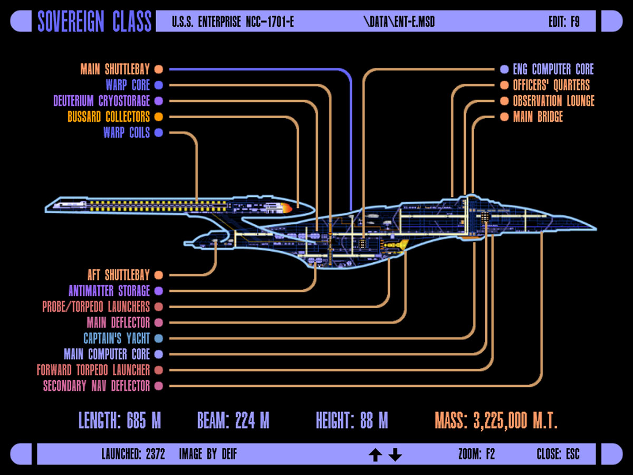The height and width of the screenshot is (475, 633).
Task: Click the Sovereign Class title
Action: (94, 22)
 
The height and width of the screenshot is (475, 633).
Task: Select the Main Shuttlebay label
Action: (115, 69)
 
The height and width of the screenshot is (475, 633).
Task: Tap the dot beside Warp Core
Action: (158, 85)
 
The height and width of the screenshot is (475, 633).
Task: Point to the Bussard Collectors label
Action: (109, 117)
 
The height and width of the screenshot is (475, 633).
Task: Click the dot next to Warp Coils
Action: (158, 132)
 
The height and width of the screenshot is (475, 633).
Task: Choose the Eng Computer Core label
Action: (553, 69)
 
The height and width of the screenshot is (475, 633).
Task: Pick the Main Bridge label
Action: (538, 117)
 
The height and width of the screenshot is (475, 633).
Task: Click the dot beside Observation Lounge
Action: (504, 101)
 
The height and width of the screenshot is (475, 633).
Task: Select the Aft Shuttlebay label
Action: (119, 275)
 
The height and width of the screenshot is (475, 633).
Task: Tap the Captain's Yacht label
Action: (117, 338)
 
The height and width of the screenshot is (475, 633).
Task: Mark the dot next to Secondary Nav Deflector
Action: (158, 386)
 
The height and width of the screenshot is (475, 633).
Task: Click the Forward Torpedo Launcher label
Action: (93, 370)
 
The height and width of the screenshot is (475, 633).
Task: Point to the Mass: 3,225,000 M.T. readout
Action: (496, 421)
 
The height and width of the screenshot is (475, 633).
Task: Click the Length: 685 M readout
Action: (120, 421)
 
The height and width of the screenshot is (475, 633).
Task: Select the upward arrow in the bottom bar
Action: (375, 454)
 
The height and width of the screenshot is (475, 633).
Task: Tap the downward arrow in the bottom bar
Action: (395, 454)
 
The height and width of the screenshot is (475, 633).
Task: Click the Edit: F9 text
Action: (564, 22)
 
